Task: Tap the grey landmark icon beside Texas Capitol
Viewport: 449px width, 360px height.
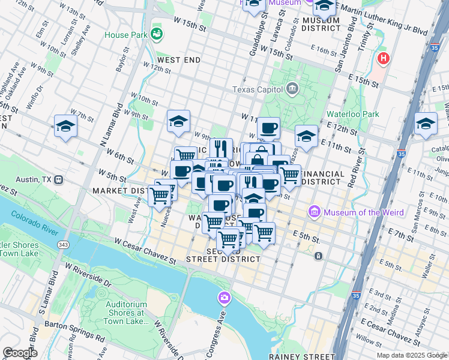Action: click(x=292, y=89)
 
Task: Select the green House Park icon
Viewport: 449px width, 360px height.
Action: click(x=157, y=34)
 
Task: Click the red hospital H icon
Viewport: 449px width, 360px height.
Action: click(x=383, y=59)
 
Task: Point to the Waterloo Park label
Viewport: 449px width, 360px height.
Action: click(x=353, y=114)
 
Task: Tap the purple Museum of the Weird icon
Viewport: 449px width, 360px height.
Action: click(x=314, y=212)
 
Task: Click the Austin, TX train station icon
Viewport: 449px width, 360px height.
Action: click(x=59, y=179)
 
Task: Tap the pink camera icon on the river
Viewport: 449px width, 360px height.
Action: click(x=224, y=298)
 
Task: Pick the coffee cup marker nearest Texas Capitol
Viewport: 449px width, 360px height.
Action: click(x=268, y=127)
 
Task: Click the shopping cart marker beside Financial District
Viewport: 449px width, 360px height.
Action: click(x=290, y=175)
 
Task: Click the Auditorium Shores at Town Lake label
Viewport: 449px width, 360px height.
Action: click(x=127, y=312)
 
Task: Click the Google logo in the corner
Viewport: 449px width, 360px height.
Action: click(x=20, y=352)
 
